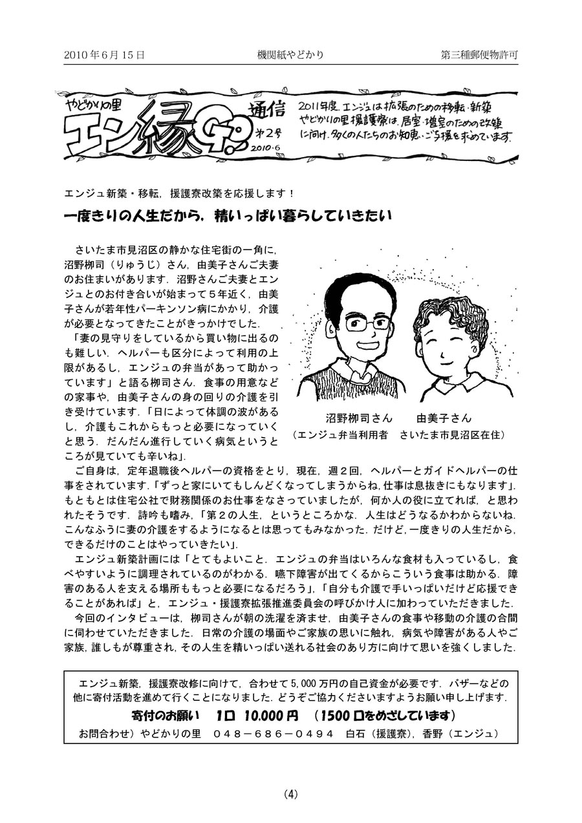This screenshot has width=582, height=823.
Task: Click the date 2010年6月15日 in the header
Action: [104, 56]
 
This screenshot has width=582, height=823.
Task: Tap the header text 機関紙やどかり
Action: [290, 56]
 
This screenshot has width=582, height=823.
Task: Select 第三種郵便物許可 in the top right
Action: [479, 56]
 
